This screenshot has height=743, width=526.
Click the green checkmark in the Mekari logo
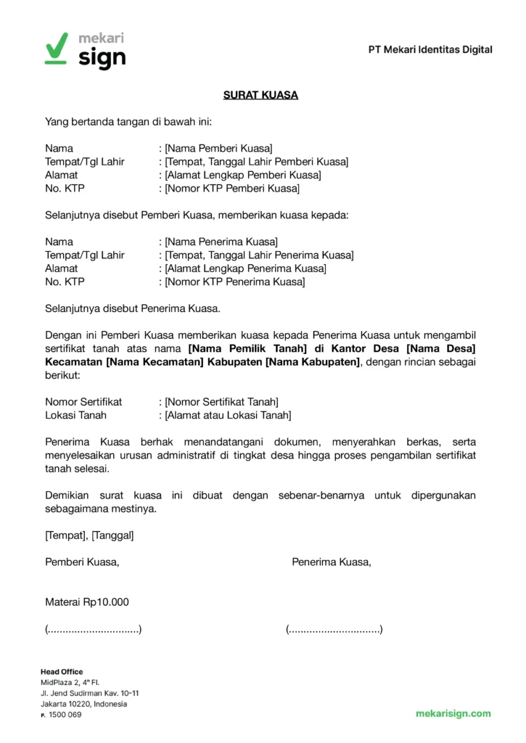(x=56, y=48)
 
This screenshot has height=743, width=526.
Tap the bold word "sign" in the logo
(x=102, y=58)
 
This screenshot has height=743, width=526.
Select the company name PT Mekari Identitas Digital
(x=430, y=49)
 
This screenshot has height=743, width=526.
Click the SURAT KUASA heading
(x=260, y=95)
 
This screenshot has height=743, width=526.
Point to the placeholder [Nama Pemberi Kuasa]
(x=218, y=148)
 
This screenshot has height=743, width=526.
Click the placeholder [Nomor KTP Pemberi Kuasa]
(x=231, y=189)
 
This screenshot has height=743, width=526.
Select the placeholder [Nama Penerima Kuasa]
(x=221, y=242)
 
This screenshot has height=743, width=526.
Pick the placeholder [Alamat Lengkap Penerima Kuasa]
(x=245, y=268)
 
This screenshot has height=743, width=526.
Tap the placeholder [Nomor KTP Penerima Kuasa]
(x=234, y=282)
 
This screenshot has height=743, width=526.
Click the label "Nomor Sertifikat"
(x=83, y=401)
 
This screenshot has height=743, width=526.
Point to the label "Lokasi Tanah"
(x=75, y=415)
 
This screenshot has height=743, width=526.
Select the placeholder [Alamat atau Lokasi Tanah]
(x=228, y=415)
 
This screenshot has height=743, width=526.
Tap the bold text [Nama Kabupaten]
(x=313, y=362)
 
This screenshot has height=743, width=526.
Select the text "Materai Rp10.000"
(x=86, y=602)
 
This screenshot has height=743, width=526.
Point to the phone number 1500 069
(x=65, y=715)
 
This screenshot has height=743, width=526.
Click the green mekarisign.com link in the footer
(x=453, y=713)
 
